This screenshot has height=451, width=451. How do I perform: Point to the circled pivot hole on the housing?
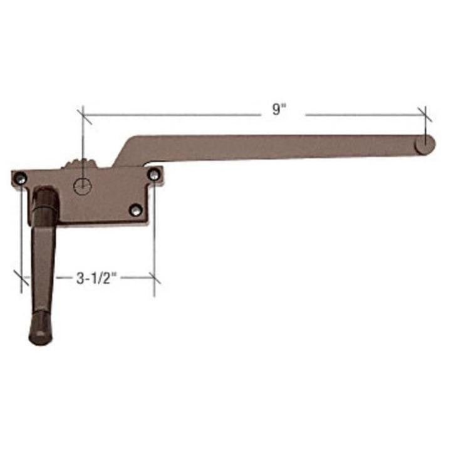pos(82,185)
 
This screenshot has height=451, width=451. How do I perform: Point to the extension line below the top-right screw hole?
pos(153,244)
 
